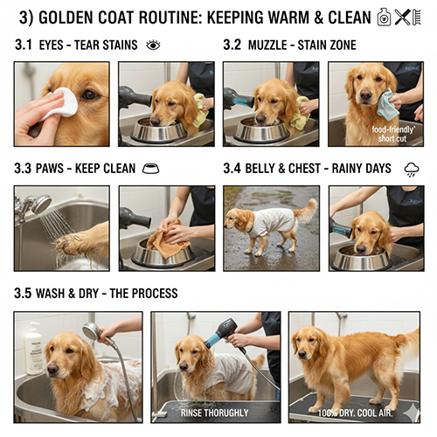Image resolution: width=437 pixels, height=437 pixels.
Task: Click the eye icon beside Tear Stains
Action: click(153, 45)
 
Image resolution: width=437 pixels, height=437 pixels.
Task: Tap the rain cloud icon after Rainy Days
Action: click(411, 169)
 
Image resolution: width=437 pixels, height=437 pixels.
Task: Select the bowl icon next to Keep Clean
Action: click(150, 169)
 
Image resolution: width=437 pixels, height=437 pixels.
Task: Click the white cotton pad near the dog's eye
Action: click(61, 103)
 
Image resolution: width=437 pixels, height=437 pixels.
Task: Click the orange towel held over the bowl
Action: click(166, 240)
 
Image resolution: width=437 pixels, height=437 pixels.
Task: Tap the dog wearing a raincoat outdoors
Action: click(266, 224)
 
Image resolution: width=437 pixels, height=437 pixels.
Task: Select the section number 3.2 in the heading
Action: click(233, 45)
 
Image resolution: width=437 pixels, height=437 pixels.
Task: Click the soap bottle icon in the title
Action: click(384, 17)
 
